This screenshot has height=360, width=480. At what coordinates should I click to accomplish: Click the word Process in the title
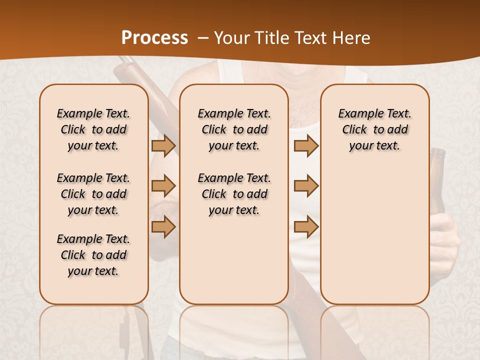click(154, 37)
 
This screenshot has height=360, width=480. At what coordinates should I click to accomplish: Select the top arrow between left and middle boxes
click(163, 145)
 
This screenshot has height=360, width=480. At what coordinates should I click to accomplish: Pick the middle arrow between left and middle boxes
click(163, 186)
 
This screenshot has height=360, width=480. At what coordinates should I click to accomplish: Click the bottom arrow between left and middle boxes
click(163, 226)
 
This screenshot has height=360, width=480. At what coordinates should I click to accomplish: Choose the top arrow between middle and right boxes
click(306, 145)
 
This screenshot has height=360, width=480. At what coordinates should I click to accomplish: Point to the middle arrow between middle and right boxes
click(306, 186)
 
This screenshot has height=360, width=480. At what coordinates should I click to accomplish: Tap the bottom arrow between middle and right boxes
click(306, 226)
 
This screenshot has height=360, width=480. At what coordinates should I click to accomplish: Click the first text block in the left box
click(93, 129)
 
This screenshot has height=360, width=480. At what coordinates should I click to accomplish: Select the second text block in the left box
click(93, 194)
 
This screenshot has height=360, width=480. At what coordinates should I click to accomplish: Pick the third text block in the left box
click(93, 255)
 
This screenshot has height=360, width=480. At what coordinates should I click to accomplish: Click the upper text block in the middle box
click(234, 129)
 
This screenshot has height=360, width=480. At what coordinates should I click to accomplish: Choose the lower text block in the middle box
click(234, 194)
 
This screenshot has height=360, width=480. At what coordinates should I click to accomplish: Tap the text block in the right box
click(374, 129)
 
